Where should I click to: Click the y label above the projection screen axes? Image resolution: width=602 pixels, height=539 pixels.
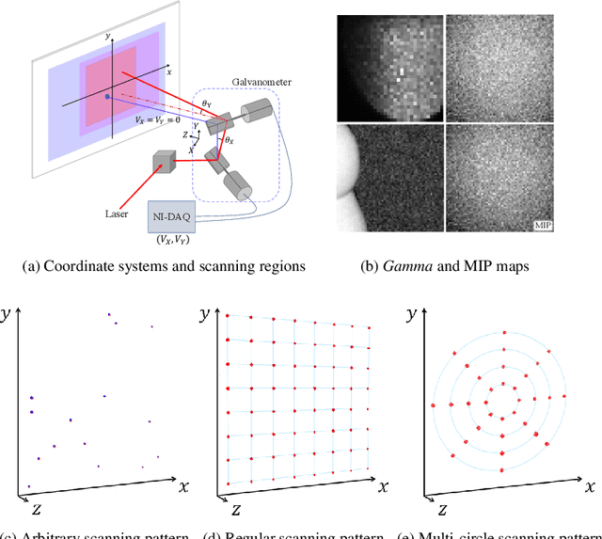110,35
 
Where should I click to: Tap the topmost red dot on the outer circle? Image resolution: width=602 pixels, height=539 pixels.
506,332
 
